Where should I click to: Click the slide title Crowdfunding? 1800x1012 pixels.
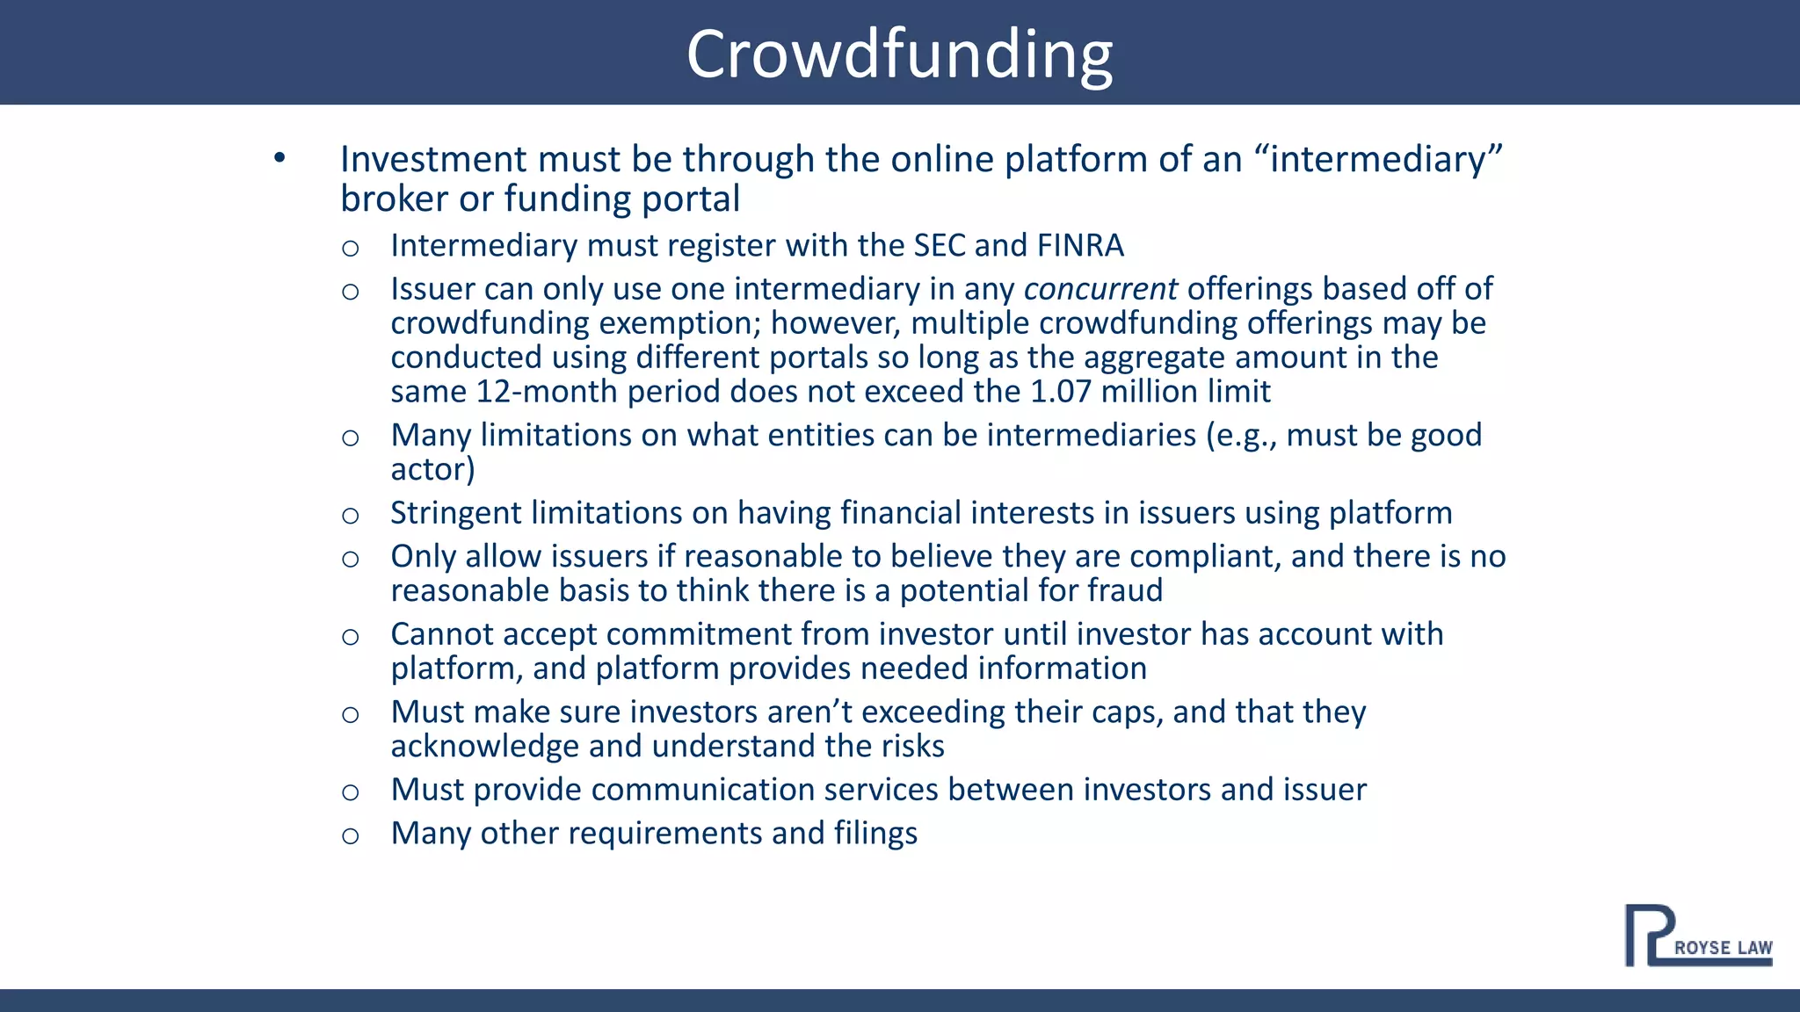[899, 54]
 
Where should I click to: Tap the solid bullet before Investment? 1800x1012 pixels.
[279, 158]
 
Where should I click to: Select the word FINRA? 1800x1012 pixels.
[1080, 245]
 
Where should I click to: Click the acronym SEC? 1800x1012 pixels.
[940, 245]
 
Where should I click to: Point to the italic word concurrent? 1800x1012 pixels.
[1100, 289]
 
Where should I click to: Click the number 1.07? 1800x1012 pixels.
[1061, 392]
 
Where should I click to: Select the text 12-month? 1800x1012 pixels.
[548, 392]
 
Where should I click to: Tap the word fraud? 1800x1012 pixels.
[1125, 590]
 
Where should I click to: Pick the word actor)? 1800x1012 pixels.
[432, 470]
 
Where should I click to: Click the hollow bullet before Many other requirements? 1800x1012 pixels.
[350, 835]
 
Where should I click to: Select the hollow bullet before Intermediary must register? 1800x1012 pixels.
[350, 248]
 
